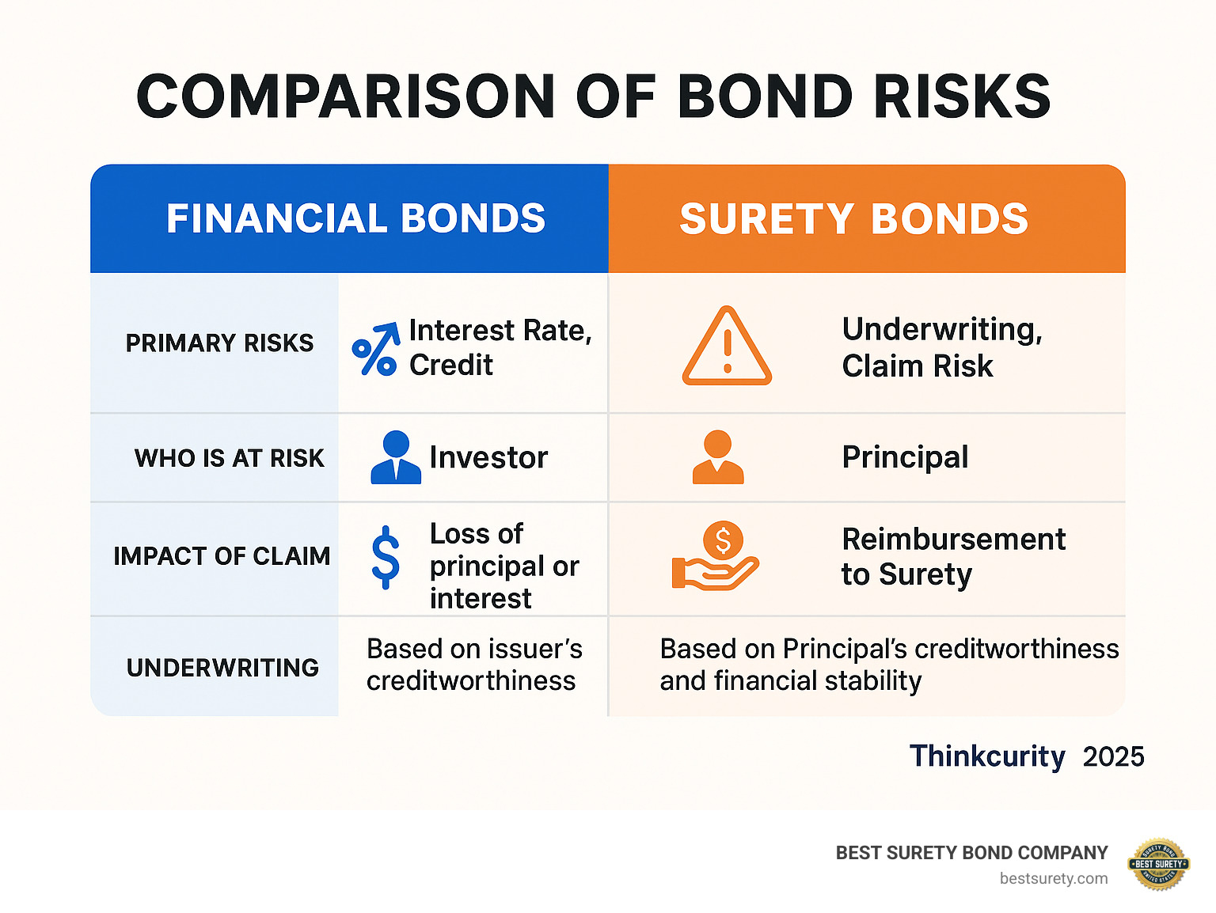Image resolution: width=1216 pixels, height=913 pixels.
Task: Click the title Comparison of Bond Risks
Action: tap(593, 97)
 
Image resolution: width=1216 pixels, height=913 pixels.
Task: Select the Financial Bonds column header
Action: tap(355, 218)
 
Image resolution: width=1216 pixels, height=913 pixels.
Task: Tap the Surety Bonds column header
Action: tap(853, 218)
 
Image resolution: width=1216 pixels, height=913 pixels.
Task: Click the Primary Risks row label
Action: tap(219, 343)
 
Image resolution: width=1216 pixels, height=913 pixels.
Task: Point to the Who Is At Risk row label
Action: tap(229, 457)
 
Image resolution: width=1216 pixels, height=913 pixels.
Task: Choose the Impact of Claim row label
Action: tap(222, 556)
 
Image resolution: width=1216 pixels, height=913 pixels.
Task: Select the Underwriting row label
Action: tap(222, 668)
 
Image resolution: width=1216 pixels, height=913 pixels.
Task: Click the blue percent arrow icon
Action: tap(375, 349)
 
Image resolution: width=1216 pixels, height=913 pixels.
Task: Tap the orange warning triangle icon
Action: tap(727, 347)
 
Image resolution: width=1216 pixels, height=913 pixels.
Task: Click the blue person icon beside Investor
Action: tap(396, 457)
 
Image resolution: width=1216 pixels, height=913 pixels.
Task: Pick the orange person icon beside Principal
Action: tap(717, 457)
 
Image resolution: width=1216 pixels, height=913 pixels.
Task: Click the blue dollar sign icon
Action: tap(386, 557)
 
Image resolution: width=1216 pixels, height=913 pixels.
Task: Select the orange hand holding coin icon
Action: tap(716, 557)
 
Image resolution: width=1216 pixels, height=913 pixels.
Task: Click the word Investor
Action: tap(488, 457)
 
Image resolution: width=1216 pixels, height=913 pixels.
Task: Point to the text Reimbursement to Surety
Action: tap(953, 556)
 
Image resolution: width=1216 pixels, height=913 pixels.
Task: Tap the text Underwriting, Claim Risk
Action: tap(942, 347)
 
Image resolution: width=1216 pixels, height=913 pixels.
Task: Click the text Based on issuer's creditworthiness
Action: tap(473, 665)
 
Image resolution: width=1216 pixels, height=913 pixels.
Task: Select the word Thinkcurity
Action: tap(986, 756)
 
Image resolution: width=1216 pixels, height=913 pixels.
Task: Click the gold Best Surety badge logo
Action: tap(1158, 864)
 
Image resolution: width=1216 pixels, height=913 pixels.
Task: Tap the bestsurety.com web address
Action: tap(1053, 878)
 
